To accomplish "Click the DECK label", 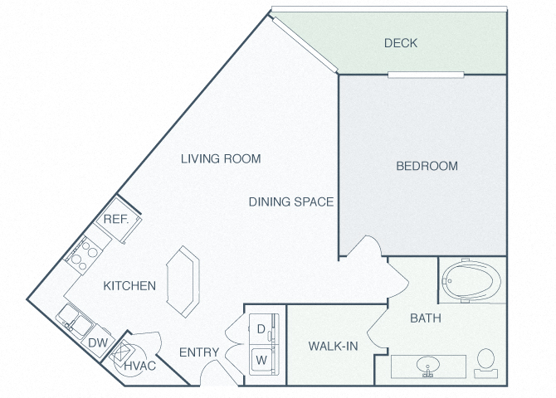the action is click(401, 43).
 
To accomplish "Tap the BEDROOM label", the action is click(427, 166).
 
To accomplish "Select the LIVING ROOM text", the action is click(221, 158).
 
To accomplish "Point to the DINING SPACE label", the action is click(291, 201).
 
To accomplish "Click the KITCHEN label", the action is click(129, 286).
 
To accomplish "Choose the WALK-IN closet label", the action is click(333, 346).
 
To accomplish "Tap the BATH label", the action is click(426, 318).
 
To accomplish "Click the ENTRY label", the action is click(199, 352).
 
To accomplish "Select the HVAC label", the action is click(140, 366).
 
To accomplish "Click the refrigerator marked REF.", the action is click(119, 220).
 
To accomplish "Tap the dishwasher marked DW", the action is click(98, 342).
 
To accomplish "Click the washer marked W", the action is click(261, 360).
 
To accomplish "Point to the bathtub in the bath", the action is click(471, 281).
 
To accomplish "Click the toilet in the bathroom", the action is click(485, 363).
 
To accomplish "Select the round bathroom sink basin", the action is click(428, 364).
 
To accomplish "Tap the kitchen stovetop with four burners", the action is click(85, 255).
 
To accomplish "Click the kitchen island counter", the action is click(183, 281).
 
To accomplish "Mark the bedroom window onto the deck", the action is click(426, 75).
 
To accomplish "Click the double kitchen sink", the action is click(76, 321).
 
